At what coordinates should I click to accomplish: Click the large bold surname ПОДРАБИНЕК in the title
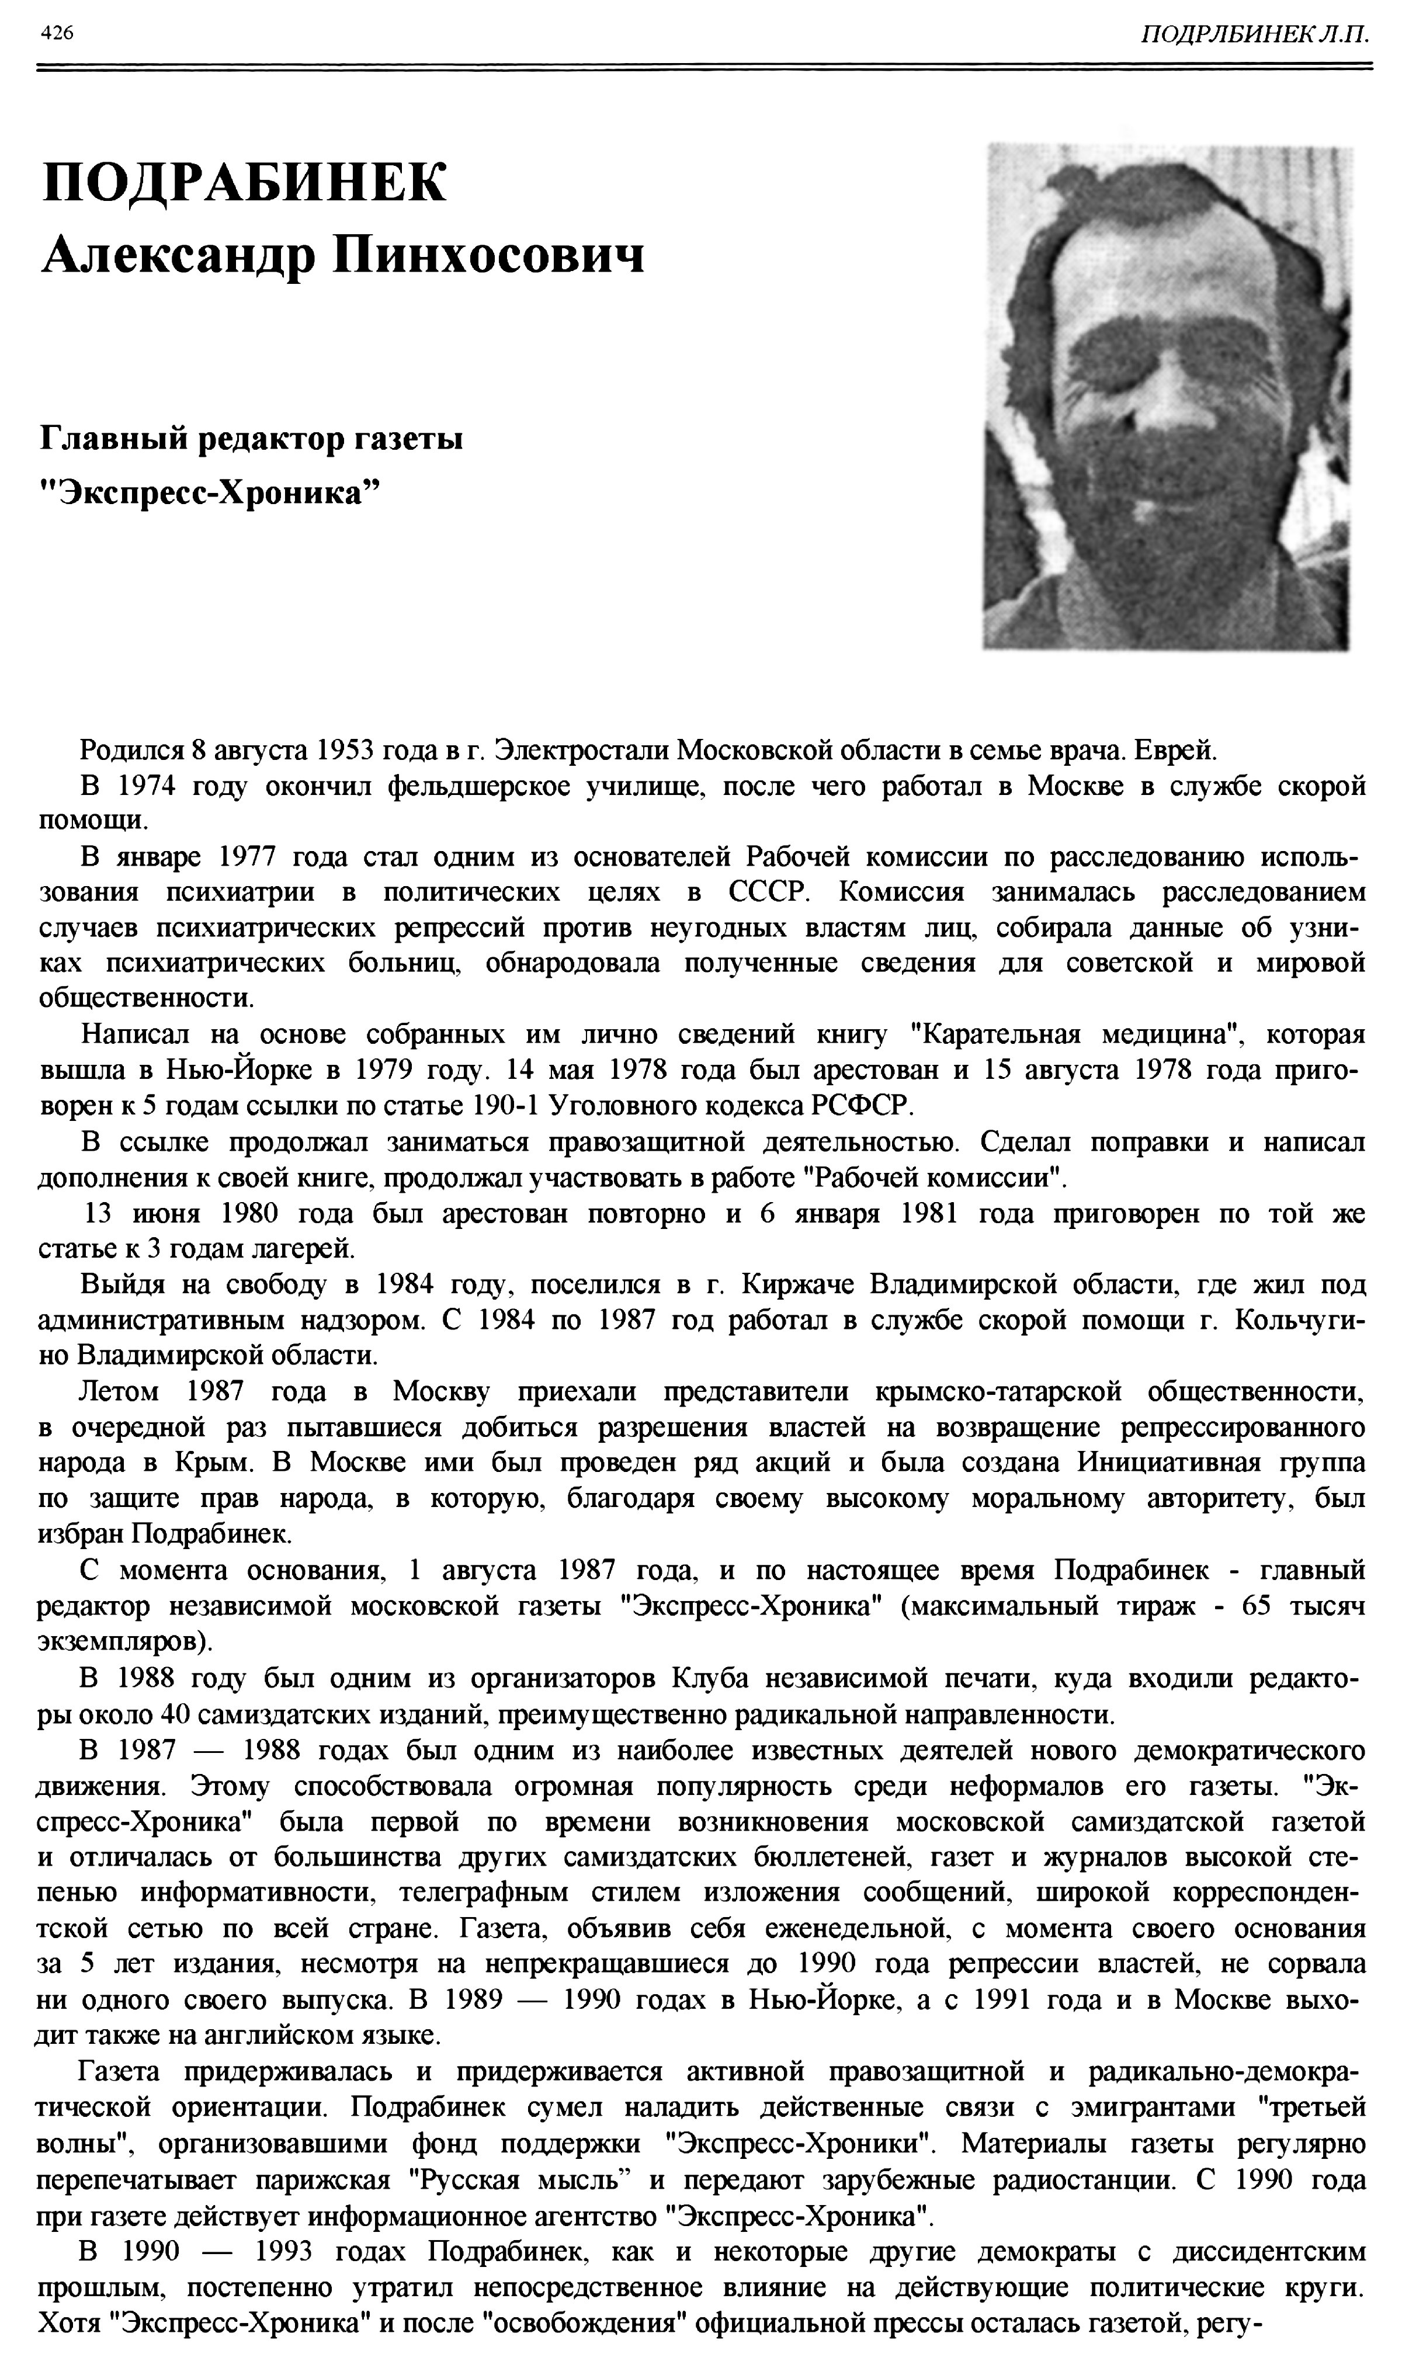(244, 182)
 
